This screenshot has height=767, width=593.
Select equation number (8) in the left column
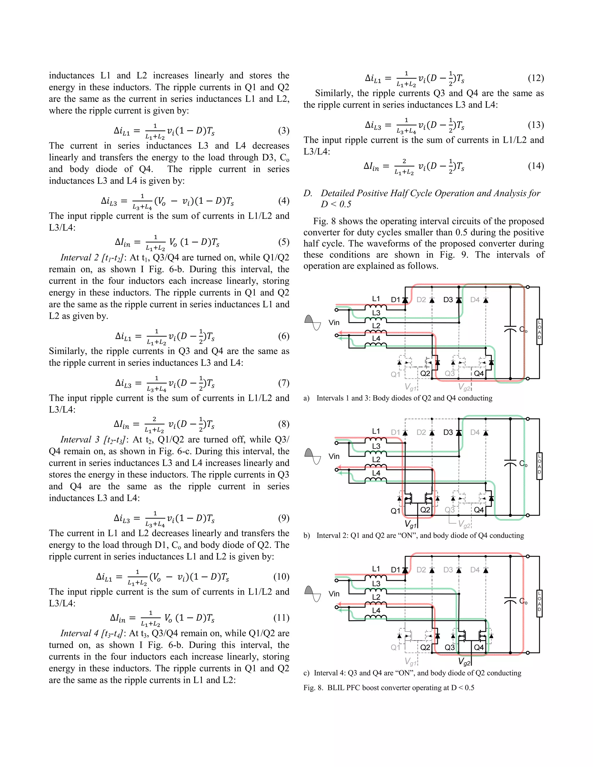point(283,424)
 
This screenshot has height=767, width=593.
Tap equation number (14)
point(536,166)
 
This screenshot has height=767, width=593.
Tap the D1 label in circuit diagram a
point(396,300)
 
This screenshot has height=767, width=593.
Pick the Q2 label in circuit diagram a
point(425,373)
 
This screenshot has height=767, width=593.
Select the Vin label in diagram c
point(334,594)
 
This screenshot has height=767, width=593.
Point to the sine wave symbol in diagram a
point(313,322)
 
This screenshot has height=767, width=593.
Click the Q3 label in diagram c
point(450,647)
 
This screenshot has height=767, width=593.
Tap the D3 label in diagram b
point(448,432)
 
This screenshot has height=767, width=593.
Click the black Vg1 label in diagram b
point(410,525)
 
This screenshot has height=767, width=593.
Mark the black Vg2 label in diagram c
point(464,662)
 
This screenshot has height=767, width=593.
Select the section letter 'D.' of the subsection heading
point(308,193)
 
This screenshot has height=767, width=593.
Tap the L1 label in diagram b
point(376,431)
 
